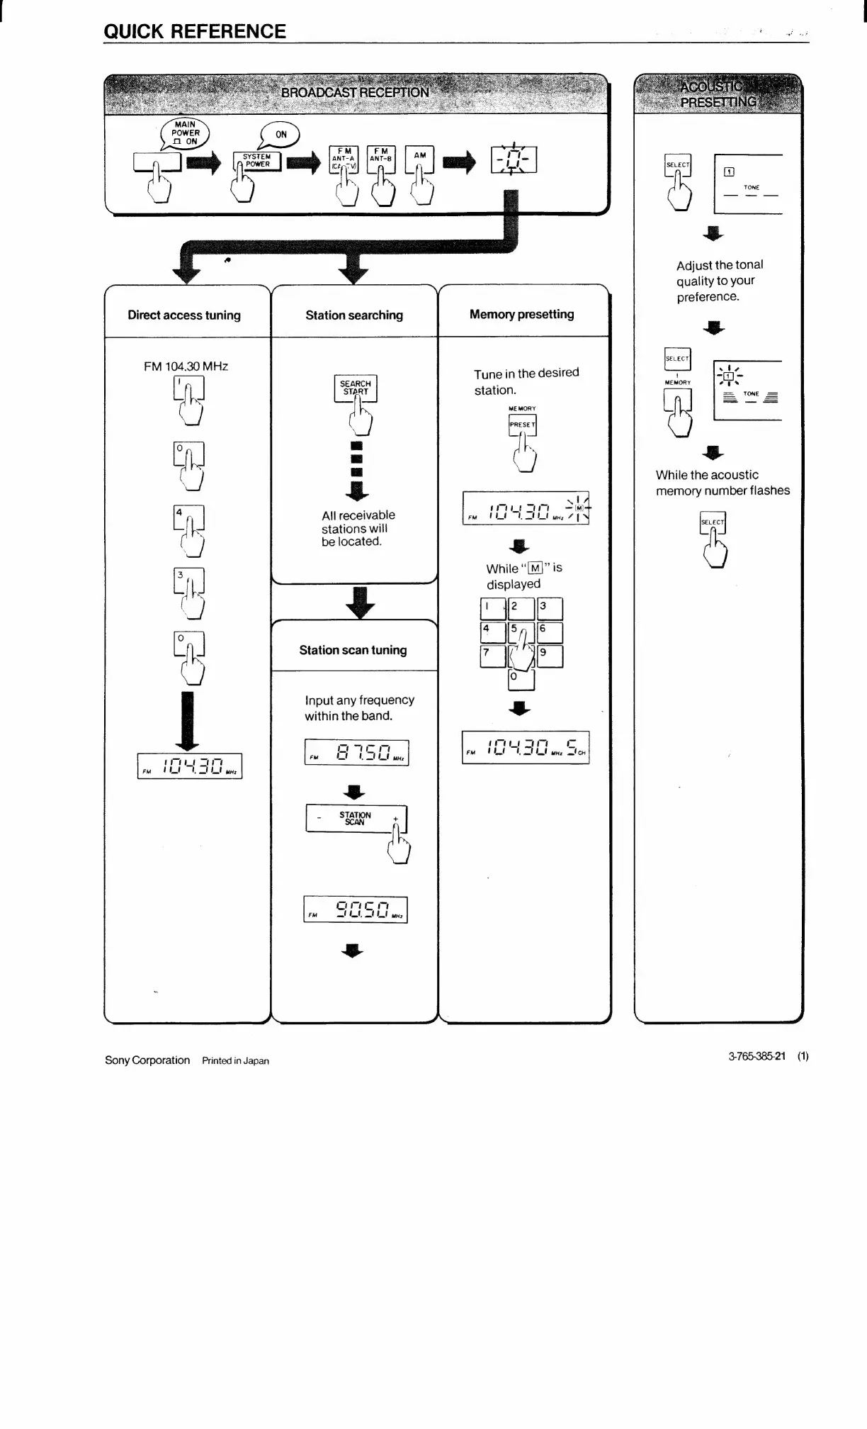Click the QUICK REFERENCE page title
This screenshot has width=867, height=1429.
[195, 31]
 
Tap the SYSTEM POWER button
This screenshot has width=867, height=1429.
[257, 161]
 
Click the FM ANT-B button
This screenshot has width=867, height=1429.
[381, 158]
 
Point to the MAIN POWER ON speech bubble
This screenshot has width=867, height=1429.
[186, 133]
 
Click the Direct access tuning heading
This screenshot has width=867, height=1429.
[184, 315]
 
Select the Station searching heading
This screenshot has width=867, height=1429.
[354, 315]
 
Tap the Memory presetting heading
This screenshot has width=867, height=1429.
[522, 314]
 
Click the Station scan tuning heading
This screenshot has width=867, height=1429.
[353, 650]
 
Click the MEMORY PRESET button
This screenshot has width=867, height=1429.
[523, 425]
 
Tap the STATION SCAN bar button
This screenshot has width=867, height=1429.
[356, 819]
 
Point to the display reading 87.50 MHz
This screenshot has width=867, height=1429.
[356, 753]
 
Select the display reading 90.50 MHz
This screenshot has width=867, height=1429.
[356, 909]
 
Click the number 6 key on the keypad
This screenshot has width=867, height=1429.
[550, 632]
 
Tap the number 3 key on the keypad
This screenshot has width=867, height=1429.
[550, 609]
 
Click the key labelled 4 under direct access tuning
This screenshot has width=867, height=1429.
[188, 517]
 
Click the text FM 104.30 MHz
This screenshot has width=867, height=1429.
[186, 366]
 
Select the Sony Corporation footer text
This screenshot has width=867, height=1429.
[147, 1060]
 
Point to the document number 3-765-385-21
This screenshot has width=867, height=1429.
[756, 1056]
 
